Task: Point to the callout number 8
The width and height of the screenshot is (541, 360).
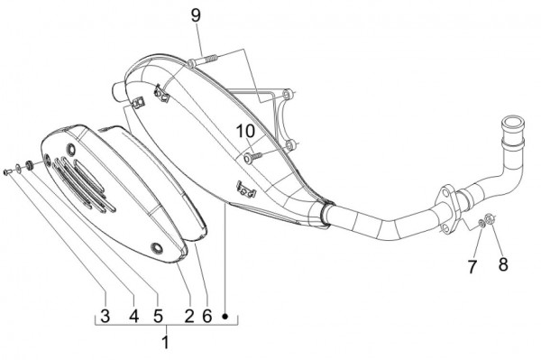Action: coord(503,265)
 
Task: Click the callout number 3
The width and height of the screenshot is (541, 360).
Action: coord(105,316)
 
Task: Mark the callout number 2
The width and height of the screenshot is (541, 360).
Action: coord(189,316)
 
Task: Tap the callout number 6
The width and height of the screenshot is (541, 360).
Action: coord(207,316)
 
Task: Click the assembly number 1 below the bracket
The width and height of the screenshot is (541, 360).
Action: coord(165,343)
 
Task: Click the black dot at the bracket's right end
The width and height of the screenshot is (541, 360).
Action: coord(226,317)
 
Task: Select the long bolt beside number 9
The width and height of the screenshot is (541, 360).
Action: coord(205,60)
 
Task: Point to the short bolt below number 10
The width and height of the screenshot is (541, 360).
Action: coord(252,156)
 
